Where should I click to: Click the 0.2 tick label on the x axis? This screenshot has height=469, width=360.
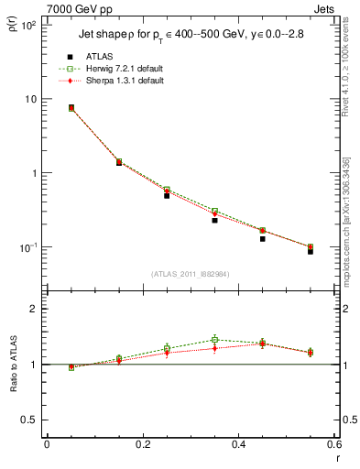(x=142, y=445)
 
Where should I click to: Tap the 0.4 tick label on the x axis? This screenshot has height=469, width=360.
(x=238, y=445)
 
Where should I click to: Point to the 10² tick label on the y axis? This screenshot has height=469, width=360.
(x=26, y=26)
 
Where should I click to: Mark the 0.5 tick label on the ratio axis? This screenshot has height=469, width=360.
(x=27, y=420)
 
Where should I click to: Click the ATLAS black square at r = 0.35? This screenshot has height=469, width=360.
(x=214, y=220)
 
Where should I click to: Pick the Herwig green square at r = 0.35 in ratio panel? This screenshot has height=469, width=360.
(x=214, y=340)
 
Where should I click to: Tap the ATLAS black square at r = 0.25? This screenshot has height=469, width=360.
(x=167, y=195)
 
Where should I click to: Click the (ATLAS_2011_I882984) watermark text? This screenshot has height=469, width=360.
(x=190, y=274)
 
